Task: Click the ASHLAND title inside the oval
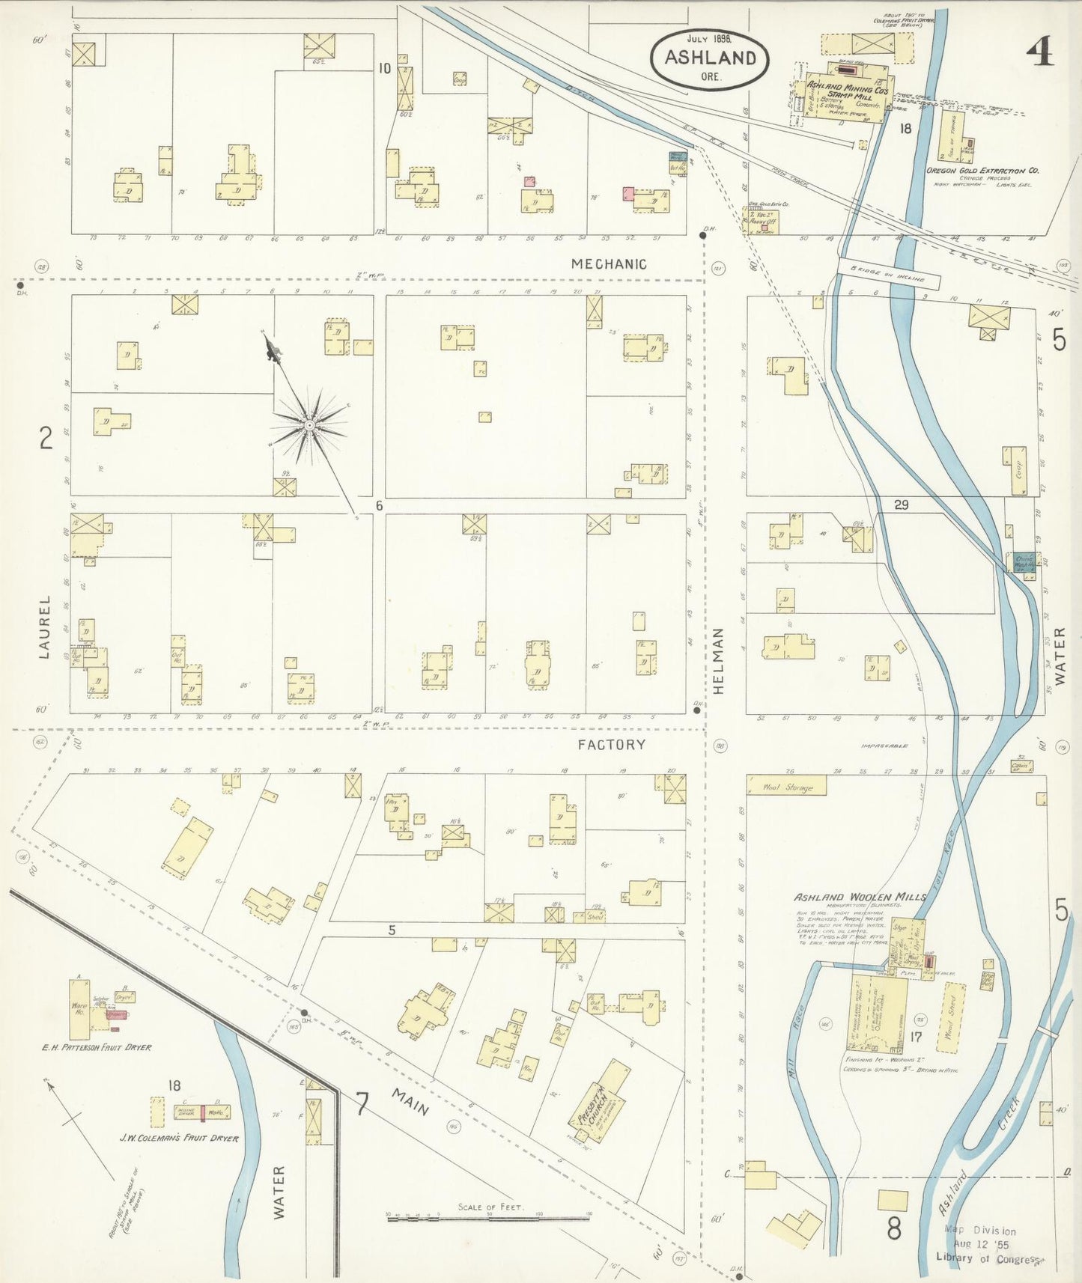(x=710, y=58)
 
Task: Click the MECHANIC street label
(x=608, y=263)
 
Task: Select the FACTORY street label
(x=611, y=744)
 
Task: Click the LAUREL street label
(x=44, y=627)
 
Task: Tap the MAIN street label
(x=410, y=1101)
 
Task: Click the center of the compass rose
(x=309, y=425)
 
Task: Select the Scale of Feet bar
(x=487, y=1219)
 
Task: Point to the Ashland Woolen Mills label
(x=860, y=897)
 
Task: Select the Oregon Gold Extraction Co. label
(x=982, y=171)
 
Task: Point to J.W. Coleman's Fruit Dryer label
(x=179, y=1139)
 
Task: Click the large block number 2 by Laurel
(x=46, y=437)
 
